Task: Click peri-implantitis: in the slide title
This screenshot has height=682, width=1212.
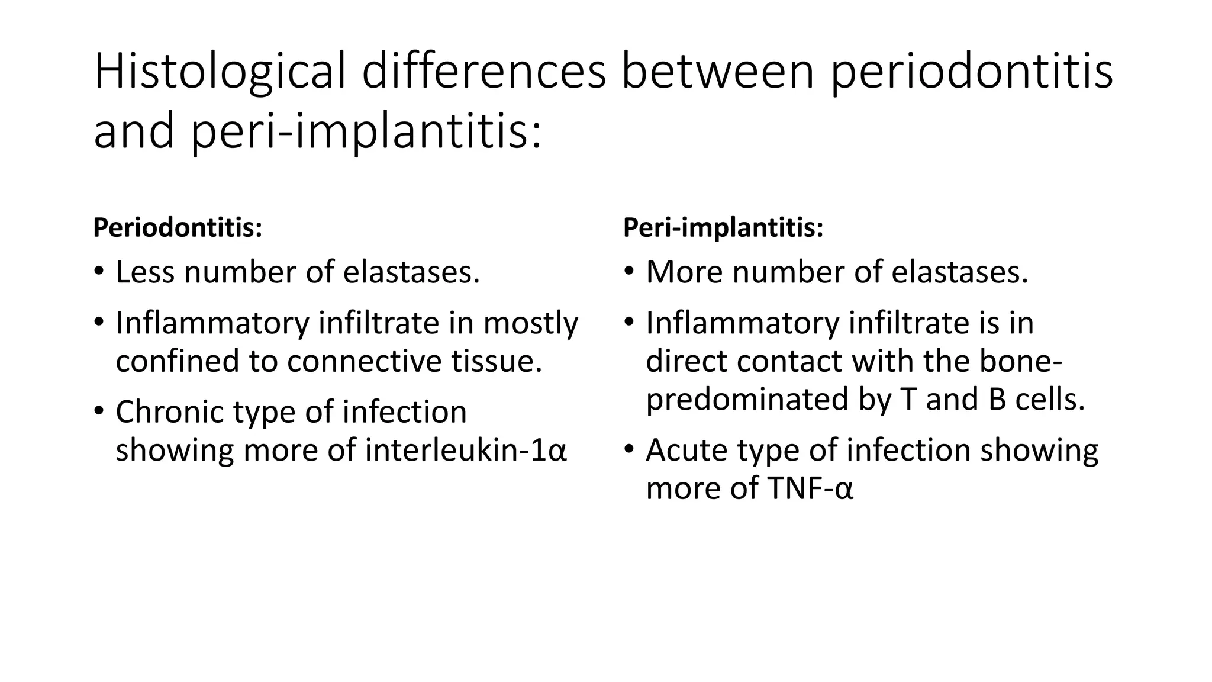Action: click(x=365, y=131)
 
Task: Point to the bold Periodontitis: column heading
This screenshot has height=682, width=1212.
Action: click(x=178, y=228)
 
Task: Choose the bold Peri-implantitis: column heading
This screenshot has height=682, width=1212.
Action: click(x=723, y=228)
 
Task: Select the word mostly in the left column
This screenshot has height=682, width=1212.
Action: click(x=530, y=324)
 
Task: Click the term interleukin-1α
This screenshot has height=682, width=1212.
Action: click(x=466, y=451)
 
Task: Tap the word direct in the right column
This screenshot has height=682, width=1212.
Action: click(x=686, y=361)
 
